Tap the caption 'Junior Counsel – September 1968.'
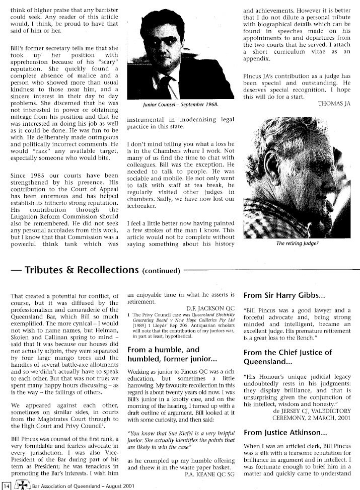tap(172, 105)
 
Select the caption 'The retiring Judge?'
tap(298, 243)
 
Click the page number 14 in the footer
tap(7, 485)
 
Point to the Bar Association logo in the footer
tap(20, 485)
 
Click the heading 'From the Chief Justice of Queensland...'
tap(287, 357)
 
